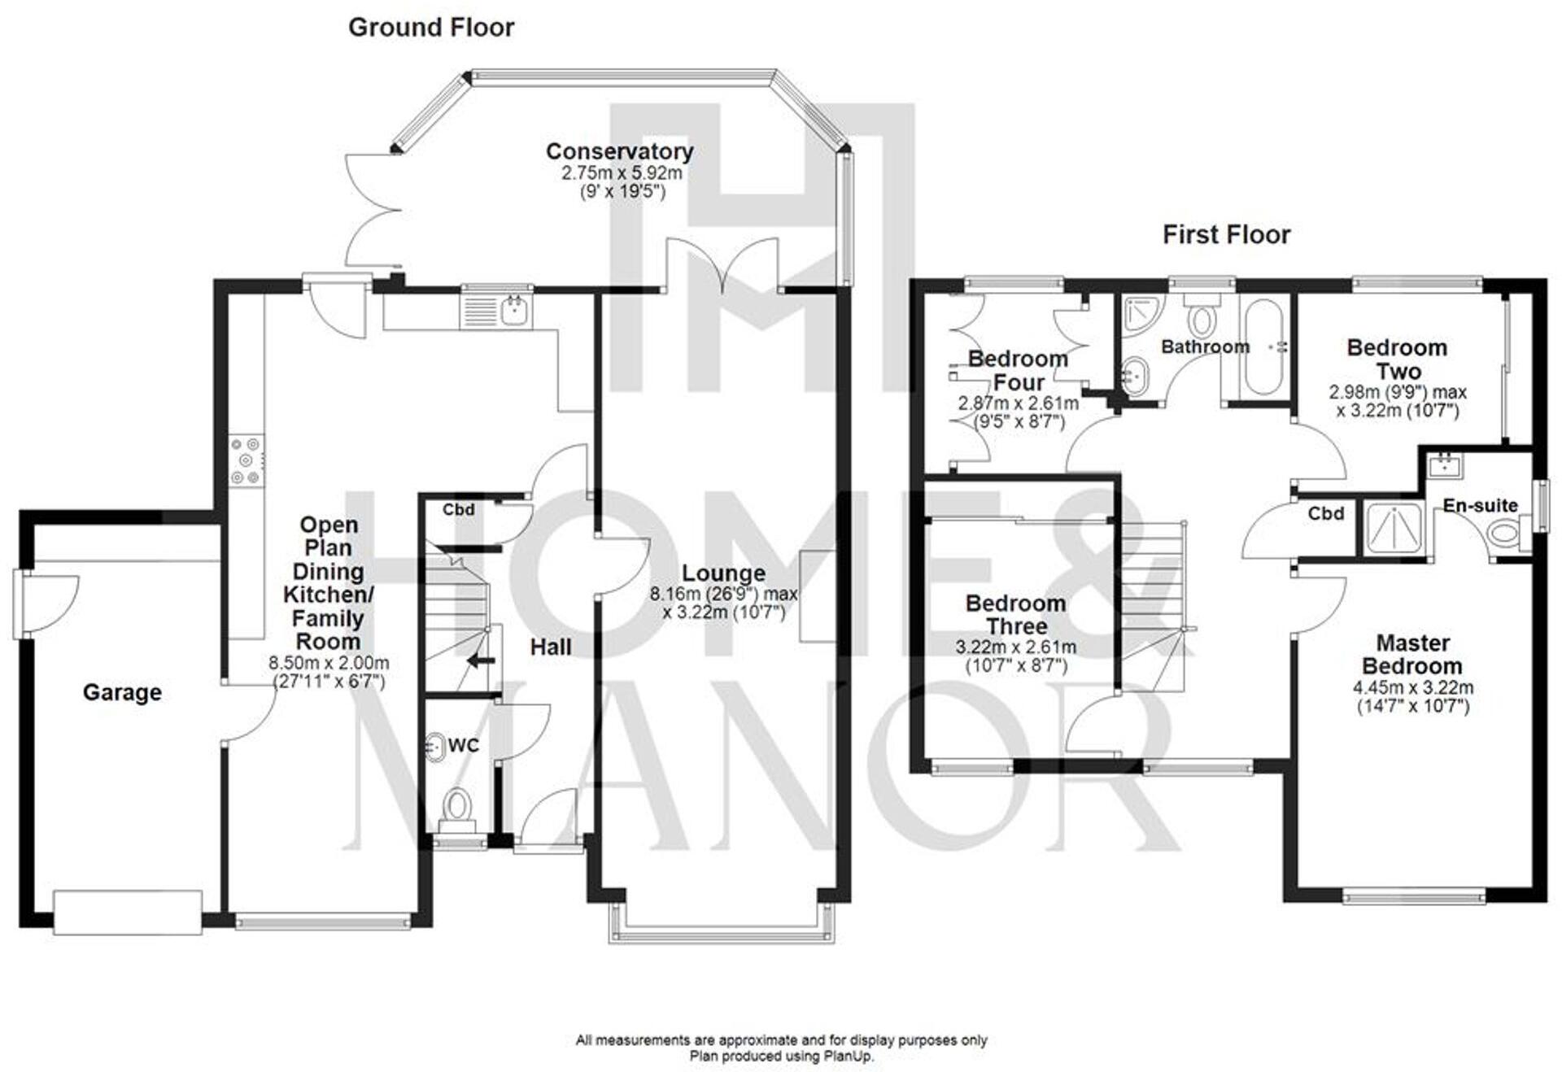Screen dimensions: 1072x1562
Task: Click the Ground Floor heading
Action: click(x=431, y=28)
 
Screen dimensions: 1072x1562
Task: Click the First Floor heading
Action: click(x=1226, y=235)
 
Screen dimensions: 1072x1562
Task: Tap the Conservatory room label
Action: click(x=619, y=151)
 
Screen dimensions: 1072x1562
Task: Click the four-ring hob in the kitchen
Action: click(x=246, y=461)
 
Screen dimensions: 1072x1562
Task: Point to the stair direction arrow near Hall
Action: click(x=481, y=661)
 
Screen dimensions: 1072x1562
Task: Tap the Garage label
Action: click(x=122, y=692)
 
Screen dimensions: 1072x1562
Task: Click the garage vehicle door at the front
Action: click(x=128, y=912)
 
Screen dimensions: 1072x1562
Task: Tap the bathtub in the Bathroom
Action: click(x=1263, y=348)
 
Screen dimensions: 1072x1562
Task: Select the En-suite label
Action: click(x=1480, y=505)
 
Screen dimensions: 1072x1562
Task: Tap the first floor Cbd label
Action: click(x=1325, y=513)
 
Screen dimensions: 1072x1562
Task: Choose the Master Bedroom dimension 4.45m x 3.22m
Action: click(x=1413, y=687)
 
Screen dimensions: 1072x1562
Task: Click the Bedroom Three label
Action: click(x=1015, y=615)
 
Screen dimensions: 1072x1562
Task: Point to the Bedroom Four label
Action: click(x=1018, y=370)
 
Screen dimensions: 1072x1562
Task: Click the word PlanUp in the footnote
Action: click(x=851, y=1057)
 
